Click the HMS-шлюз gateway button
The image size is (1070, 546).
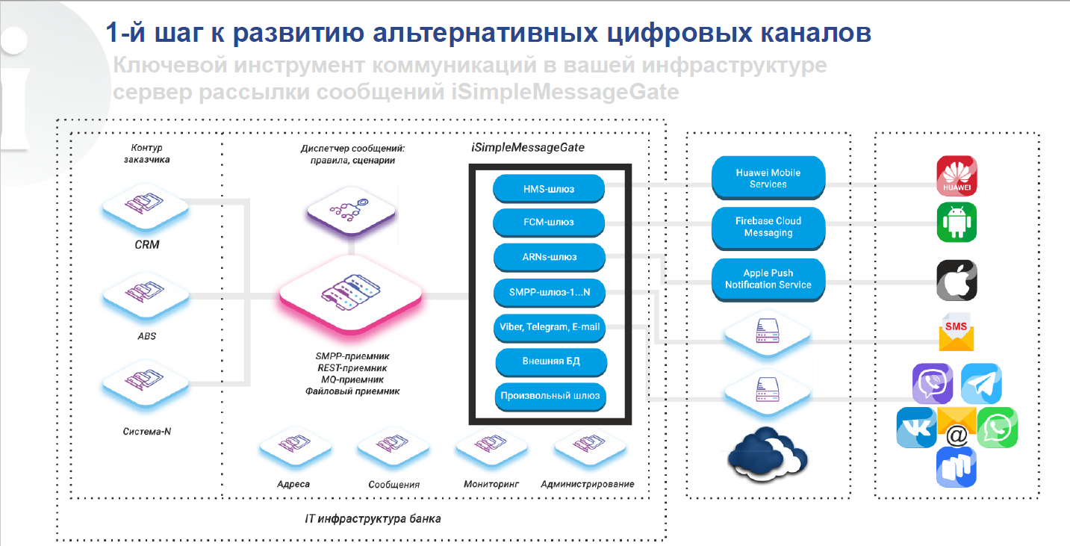pos(549,189)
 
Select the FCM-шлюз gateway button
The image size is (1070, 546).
pos(549,222)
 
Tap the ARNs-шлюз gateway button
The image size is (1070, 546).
pos(549,258)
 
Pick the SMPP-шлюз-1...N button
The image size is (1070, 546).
pos(549,293)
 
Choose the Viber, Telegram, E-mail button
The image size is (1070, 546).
pos(549,326)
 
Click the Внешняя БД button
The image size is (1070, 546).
pos(551,362)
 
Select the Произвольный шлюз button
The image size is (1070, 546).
pos(550,396)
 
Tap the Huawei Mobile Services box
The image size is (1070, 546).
pos(768,178)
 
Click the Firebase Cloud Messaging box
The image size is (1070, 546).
pos(768,227)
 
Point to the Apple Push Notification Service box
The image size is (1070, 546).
pos(768,279)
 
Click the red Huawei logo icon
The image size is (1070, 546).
pos(957,176)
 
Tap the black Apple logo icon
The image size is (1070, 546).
pos(957,281)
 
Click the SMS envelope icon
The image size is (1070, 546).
pos(957,332)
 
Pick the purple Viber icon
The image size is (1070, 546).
pos(932,384)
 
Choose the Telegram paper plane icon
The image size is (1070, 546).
pos(980,384)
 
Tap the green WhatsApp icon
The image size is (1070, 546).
pos(997,427)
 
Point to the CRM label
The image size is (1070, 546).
pos(147,244)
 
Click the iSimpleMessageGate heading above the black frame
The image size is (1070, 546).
pos(528,148)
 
